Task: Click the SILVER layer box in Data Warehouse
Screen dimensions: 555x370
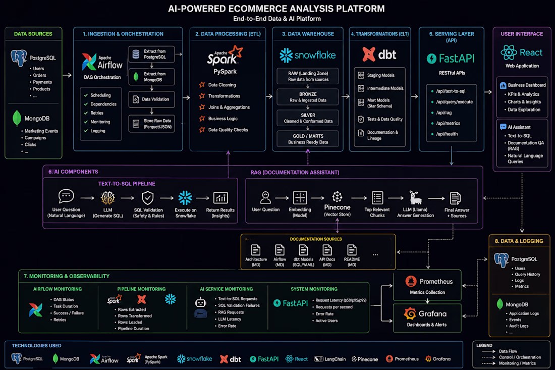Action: [308, 118]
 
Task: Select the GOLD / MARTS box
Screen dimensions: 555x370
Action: [308, 139]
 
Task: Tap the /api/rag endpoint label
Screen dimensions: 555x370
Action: [444, 113]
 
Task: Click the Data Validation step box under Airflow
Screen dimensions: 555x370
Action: [151, 99]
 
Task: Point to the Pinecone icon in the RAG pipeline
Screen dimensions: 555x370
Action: [337, 196]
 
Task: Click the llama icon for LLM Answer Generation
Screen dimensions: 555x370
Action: [415, 197]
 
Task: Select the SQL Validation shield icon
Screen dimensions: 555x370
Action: [148, 198]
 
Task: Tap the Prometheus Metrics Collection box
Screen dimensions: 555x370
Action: [427, 286]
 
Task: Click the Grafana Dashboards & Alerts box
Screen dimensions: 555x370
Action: [427, 318]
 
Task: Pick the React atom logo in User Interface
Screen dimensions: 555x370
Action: [509, 52]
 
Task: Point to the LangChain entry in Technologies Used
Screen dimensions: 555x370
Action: [330, 359]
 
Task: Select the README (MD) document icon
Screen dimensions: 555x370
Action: [352, 250]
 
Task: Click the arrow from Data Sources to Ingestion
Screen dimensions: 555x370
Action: [67, 75]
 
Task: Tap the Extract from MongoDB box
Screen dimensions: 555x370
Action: [151, 77]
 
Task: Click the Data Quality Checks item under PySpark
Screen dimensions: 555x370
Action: [228, 130]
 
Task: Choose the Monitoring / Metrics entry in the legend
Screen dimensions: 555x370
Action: [517, 363]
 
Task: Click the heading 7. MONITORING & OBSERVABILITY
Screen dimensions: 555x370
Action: [67, 276]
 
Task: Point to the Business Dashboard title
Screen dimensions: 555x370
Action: [527, 85]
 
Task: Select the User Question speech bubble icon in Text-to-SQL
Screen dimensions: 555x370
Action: [66, 196]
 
